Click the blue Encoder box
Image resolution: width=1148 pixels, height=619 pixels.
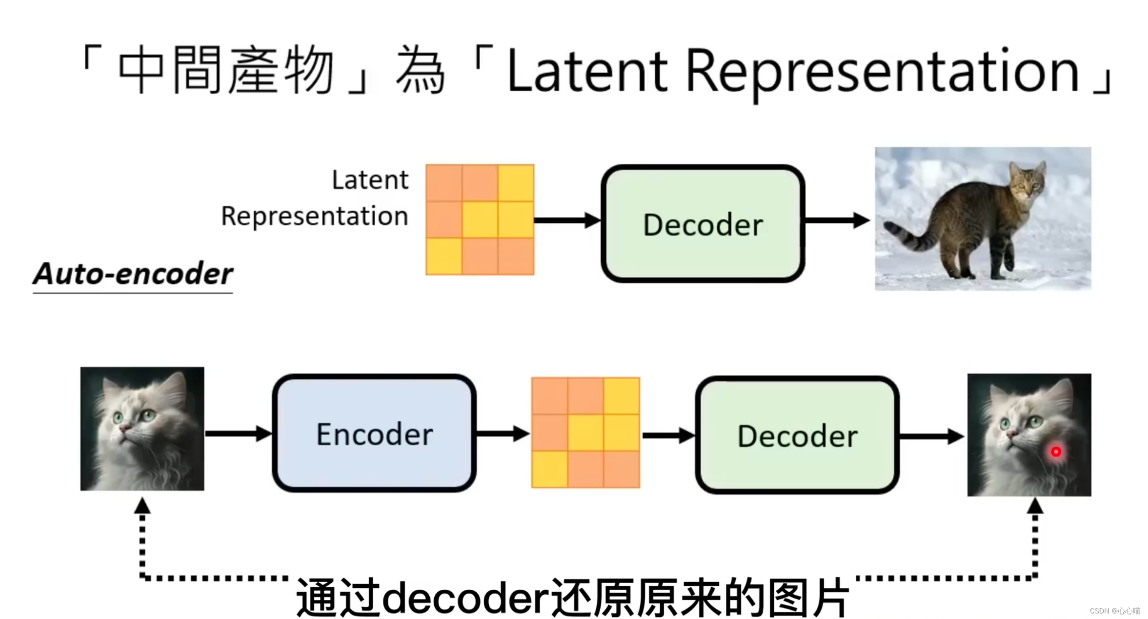click(374, 433)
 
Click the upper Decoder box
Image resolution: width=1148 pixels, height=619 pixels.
click(702, 223)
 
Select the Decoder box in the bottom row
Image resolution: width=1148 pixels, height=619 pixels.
click(796, 435)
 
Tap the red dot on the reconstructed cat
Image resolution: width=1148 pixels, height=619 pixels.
click(1055, 452)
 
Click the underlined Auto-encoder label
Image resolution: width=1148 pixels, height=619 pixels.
click(133, 274)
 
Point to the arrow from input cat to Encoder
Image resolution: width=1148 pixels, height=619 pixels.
click(237, 434)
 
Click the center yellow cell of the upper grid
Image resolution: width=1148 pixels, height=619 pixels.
click(480, 220)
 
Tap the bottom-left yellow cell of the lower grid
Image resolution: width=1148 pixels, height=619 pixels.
click(549, 469)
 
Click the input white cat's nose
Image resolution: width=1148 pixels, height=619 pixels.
click(124, 428)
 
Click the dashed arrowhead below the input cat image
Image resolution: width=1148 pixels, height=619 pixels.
click(142, 506)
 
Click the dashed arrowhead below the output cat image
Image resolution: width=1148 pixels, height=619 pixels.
click(1035, 506)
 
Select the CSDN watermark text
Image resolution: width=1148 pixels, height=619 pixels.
click(1114, 611)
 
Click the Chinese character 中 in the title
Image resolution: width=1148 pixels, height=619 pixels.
click(141, 71)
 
